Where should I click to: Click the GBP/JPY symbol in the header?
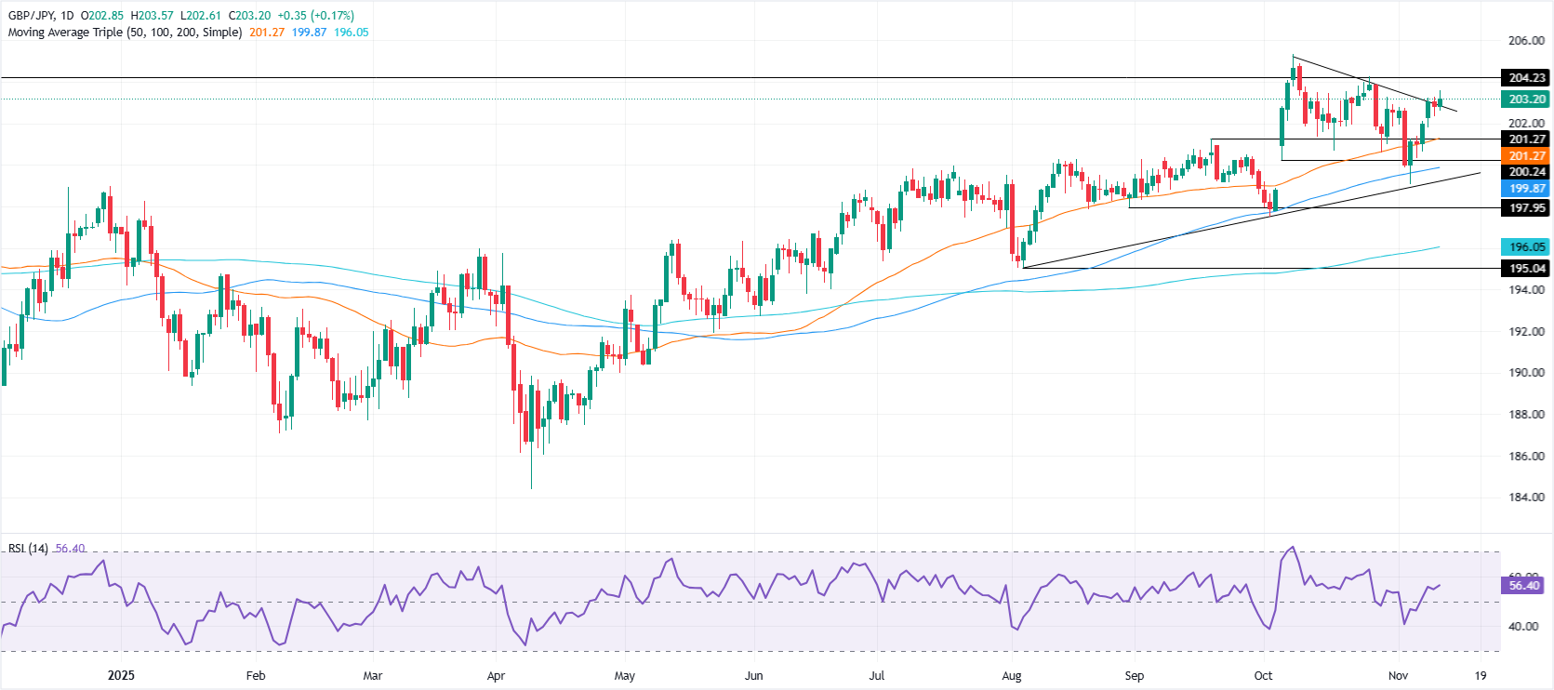[x=31, y=16]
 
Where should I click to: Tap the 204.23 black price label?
[x=1526, y=78]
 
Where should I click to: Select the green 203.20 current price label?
[x=1526, y=100]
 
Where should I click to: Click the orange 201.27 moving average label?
[x=1526, y=156]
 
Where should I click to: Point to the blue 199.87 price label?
[x=1526, y=189]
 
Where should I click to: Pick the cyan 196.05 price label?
[x=1526, y=247]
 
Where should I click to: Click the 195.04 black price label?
[x=1526, y=269]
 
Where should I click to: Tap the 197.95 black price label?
[x=1526, y=208]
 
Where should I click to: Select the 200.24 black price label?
[x=1526, y=172]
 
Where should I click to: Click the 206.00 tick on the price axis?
[x=1526, y=41]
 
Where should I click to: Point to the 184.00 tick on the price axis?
[x=1526, y=498]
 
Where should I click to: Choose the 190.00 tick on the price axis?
[x=1526, y=373]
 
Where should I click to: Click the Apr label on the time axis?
[x=496, y=676]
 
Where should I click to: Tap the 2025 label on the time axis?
[x=121, y=675]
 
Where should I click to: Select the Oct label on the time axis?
[x=1263, y=676]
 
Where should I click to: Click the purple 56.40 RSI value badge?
[x=1524, y=586]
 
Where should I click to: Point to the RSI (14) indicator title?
[x=28, y=549]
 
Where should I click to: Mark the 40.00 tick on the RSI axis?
[x=1522, y=627]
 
